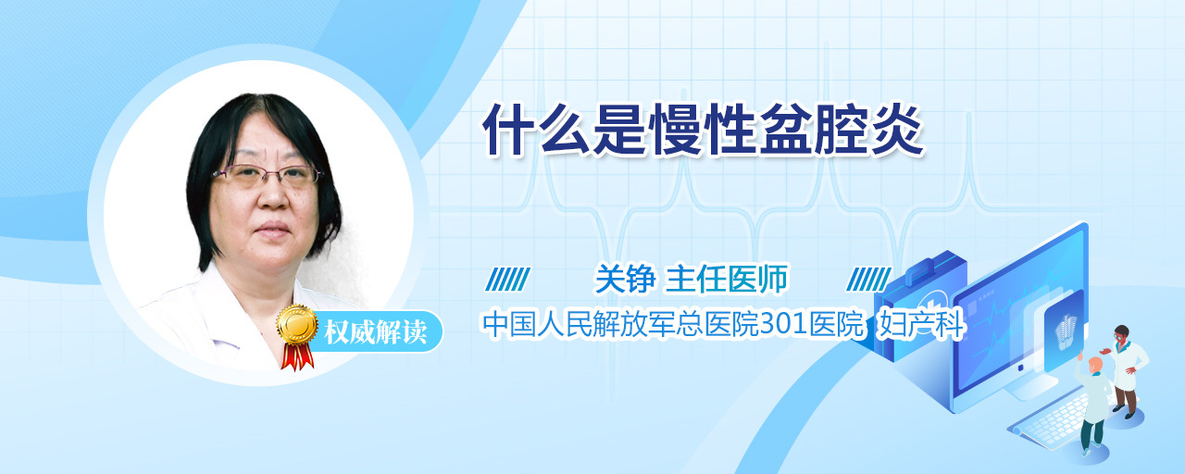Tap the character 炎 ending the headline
coord(895,130)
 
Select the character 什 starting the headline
coord(509,130)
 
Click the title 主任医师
coord(727,279)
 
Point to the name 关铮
coord(625,279)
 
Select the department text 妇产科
coord(920,324)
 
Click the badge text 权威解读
coord(375,332)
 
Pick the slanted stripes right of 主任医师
coord(868,280)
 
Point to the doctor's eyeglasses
coord(268,175)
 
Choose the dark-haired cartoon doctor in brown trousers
coord(1126,371)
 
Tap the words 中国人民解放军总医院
coord(620,324)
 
